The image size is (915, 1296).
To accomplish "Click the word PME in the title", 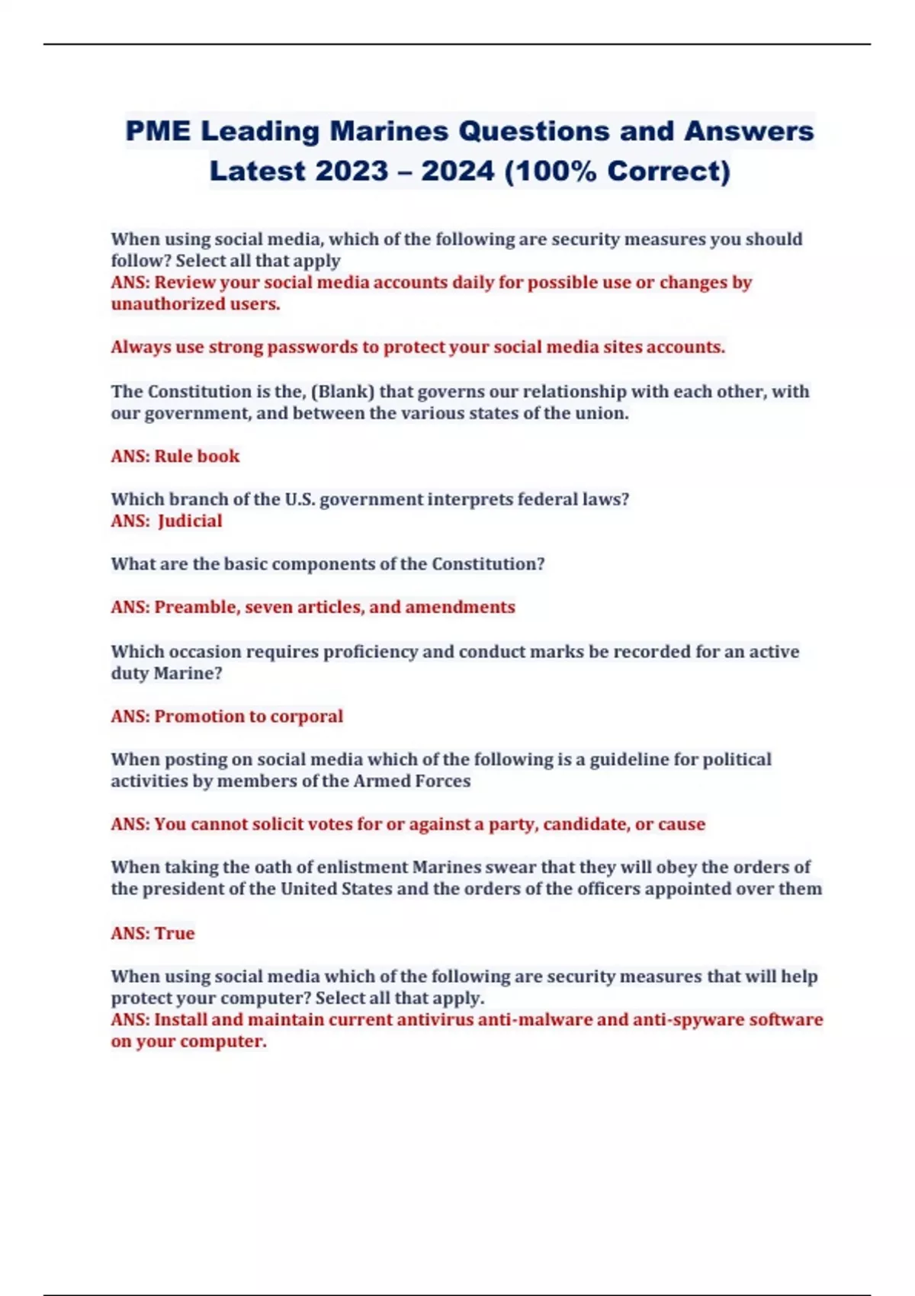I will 158,131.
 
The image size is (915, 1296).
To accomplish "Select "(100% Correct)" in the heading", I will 617,171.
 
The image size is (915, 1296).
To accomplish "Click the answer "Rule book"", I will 197,456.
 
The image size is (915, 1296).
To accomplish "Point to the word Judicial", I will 190,521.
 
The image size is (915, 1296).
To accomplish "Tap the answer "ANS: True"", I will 152,932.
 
